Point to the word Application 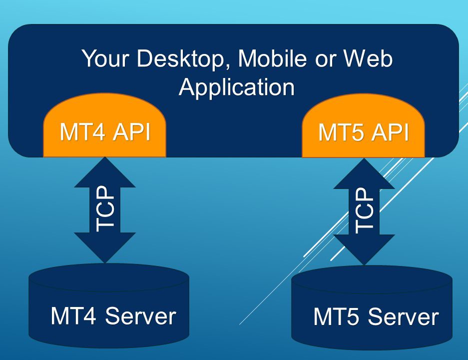(237, 87)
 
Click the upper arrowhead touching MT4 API (105, 172)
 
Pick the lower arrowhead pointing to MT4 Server (105, 247)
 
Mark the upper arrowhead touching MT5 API (364, 175)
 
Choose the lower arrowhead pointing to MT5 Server (364, 250)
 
